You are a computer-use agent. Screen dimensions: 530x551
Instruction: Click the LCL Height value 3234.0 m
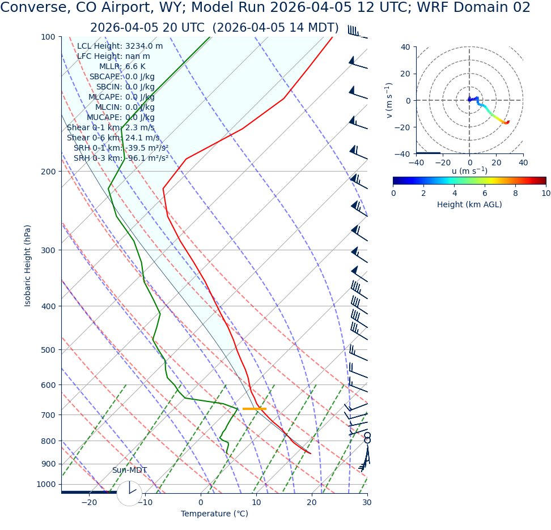144,46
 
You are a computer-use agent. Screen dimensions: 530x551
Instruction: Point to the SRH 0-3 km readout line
121,158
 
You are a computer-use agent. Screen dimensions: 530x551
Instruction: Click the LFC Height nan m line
113,57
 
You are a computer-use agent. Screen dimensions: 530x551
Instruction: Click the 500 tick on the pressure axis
48,350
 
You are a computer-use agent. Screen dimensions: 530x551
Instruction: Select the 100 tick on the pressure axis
48,37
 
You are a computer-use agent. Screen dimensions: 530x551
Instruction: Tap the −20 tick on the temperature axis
89,503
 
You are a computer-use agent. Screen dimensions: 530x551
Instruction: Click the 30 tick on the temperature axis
367,503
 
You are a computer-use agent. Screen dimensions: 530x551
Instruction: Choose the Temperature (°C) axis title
214,514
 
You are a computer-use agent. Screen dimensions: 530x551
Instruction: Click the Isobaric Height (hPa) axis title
28,266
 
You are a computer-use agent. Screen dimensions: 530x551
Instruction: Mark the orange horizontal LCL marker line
254,409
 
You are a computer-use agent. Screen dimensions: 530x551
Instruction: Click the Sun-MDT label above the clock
129,471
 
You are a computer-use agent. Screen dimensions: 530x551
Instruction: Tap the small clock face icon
129,493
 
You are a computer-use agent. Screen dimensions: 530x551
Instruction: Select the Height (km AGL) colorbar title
469,205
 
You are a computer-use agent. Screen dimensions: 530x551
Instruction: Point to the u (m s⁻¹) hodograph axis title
469,171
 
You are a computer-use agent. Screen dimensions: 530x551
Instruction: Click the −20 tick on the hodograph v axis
404,127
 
